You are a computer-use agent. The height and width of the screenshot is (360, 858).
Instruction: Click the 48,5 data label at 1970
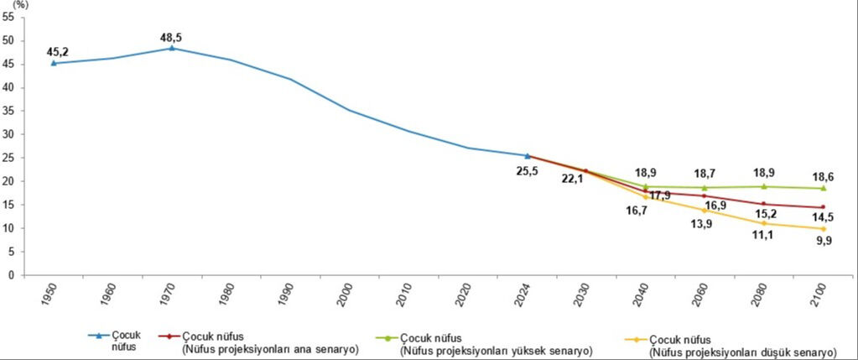point(172,36)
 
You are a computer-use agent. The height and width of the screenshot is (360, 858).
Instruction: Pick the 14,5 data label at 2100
point(823,218)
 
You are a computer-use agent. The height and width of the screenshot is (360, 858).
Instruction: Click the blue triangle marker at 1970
point(172,48)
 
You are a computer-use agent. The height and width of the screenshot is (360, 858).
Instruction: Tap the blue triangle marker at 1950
point(54,63)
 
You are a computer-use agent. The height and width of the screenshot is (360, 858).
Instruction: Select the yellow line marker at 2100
point(823,228)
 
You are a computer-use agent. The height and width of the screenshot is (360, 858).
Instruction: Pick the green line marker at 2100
point(823,188)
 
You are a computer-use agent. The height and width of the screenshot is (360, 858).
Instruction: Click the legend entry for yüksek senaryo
point(495,342)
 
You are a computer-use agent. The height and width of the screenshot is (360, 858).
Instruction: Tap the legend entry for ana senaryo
point(268,342)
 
